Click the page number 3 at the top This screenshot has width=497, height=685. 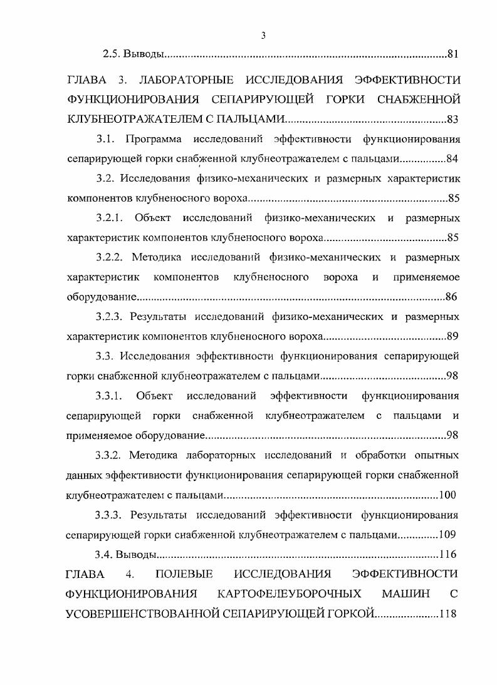click(263, 36)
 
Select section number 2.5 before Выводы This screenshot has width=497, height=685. click(112, 54)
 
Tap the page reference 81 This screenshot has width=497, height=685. click(453, 54)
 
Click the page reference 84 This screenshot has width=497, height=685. click(452, 158)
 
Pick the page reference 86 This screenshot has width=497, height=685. click(451, 297)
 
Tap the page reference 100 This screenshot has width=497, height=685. click(447, 495)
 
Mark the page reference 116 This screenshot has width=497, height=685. click(447, 555)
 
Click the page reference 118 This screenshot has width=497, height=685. click(447, 614)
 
